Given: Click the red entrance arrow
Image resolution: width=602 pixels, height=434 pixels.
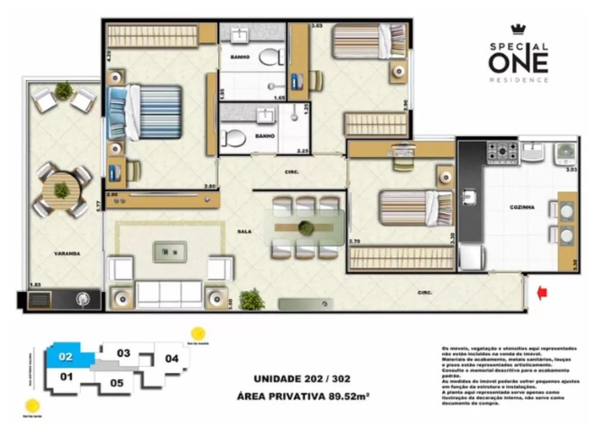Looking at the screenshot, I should pos(542,293).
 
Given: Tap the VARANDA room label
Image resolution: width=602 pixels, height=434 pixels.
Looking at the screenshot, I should pos(66,254).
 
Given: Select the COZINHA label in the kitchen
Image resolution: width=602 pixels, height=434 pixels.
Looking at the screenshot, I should pos(521,207).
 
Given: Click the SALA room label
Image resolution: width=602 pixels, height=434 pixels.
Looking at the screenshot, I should pos(244,231).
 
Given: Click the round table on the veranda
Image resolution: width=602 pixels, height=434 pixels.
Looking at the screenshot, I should pos(61,190).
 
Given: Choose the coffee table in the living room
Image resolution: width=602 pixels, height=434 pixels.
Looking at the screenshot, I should pos(169,251).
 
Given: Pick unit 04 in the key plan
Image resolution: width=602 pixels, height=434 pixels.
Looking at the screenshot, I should pos(172,359).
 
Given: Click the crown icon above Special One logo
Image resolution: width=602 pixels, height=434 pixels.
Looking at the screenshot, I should pos(518,30).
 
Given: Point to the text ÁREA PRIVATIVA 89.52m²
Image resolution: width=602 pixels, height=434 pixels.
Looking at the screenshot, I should pos(302,396).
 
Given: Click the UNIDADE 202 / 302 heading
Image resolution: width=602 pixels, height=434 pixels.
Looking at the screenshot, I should pos(302,379).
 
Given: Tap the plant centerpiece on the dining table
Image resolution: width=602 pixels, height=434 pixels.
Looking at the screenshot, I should pos(306,228).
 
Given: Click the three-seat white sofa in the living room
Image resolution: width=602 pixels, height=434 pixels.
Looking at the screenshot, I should pos(169,294).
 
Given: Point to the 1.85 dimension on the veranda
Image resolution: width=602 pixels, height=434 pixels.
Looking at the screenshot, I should pos(37,284).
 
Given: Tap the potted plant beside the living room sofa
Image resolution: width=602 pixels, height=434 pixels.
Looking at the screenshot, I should pos(252,299).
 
